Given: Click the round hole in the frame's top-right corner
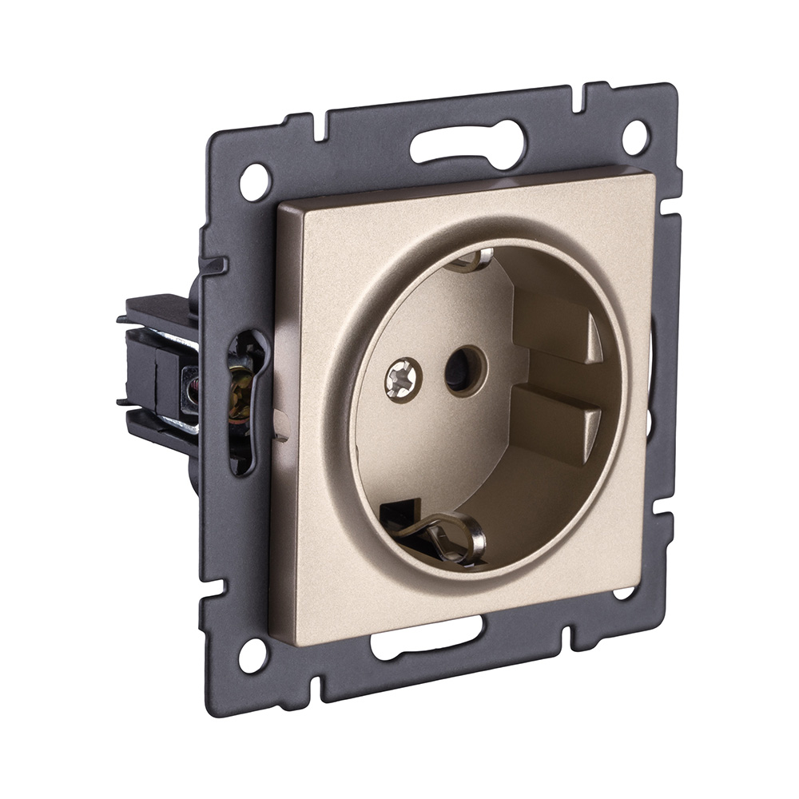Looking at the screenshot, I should [635, 137].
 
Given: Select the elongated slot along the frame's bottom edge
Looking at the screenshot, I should [427, 639].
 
